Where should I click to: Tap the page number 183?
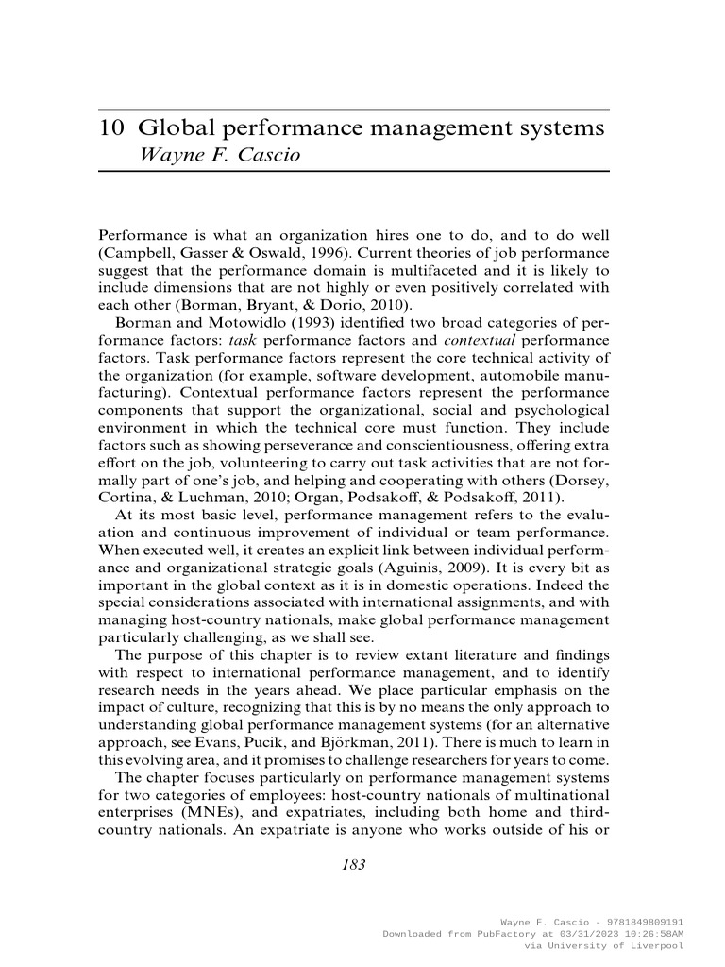(x=353, y=864)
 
